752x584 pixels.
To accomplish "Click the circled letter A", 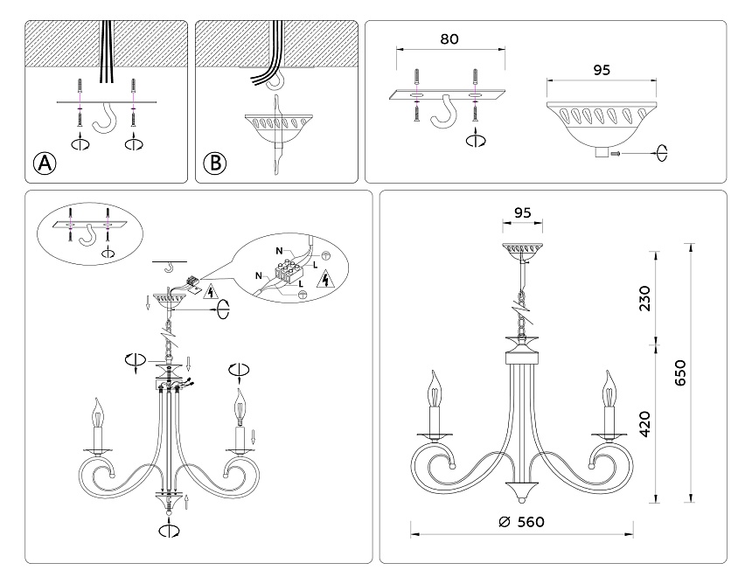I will coord(43,163).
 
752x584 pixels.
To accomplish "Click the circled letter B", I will coord(214,163).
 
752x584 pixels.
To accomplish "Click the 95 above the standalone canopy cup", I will coord(602,68).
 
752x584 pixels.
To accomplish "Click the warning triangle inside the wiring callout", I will coord(324,280).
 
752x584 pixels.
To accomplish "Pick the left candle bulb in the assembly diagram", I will coord(98,415).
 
